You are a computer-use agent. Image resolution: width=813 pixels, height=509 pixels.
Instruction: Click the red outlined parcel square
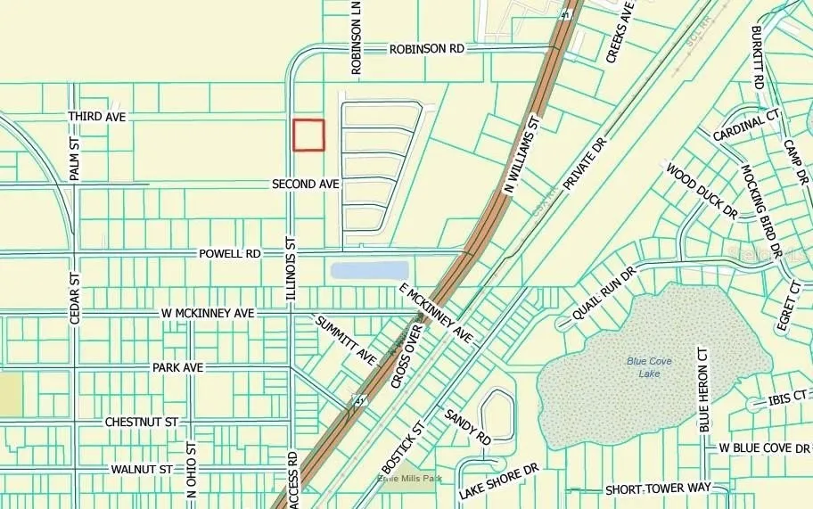308,135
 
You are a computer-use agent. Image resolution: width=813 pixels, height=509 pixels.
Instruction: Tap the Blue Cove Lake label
649,366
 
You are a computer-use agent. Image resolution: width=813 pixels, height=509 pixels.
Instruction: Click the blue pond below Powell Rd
369,270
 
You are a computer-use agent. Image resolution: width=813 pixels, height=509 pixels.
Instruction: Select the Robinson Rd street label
427,50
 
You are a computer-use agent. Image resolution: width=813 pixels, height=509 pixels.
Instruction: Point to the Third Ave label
97,117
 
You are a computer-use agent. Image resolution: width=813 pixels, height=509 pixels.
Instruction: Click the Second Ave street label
306,184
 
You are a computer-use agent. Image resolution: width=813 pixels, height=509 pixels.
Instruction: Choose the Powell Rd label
229,254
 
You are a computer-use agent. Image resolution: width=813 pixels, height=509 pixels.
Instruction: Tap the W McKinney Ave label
208,314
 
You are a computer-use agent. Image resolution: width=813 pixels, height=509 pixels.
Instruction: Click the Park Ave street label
178,367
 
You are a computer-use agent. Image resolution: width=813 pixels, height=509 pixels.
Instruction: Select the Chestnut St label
142,421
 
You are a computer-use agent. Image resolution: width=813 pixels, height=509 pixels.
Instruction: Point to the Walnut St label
142,469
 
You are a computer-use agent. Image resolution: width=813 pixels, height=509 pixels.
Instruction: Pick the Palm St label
76,160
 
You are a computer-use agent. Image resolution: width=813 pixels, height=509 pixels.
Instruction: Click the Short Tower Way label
658,489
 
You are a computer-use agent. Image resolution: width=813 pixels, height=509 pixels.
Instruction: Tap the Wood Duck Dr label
702,190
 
